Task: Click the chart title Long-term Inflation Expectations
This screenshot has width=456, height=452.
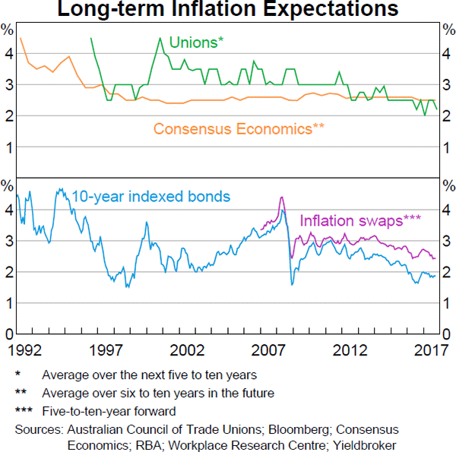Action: point(228,11)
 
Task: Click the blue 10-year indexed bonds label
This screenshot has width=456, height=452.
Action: point(150,197)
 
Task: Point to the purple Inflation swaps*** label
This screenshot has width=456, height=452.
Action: point(360,220)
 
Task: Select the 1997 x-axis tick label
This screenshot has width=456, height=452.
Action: point(105,351)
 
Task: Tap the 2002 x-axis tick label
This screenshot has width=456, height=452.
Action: point(187,351)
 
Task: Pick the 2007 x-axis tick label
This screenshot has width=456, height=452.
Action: point(270,351)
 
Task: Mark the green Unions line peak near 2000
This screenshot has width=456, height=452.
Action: point(160,38)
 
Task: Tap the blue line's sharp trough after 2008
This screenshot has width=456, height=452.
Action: point(293,285)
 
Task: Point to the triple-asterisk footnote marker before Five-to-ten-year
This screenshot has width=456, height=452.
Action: point(24,412)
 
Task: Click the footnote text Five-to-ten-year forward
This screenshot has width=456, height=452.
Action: point(109,412)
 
